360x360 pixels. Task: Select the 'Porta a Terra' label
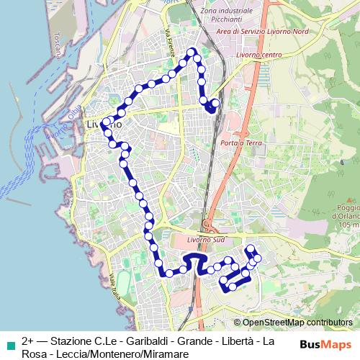pyautogui.click(x=242, y=143)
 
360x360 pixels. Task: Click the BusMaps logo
pyautogui.click(x=325, y=344)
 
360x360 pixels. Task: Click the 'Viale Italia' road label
pyautogui.click(x=115, y=287)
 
